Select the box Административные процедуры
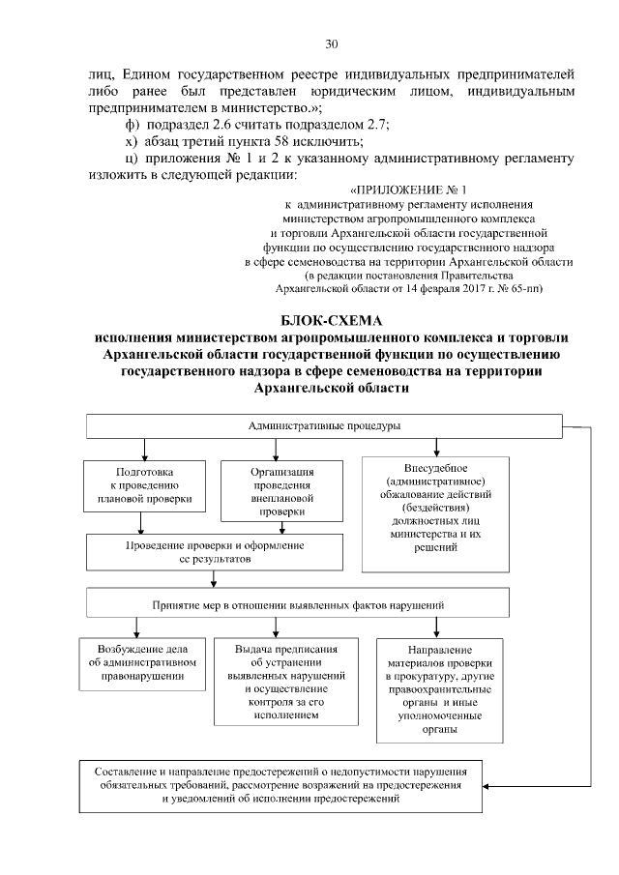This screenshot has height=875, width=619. coord(324,425)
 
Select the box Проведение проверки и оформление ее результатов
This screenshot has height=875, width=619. coord(214,552)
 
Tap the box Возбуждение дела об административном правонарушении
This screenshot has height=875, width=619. coord(141,663)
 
